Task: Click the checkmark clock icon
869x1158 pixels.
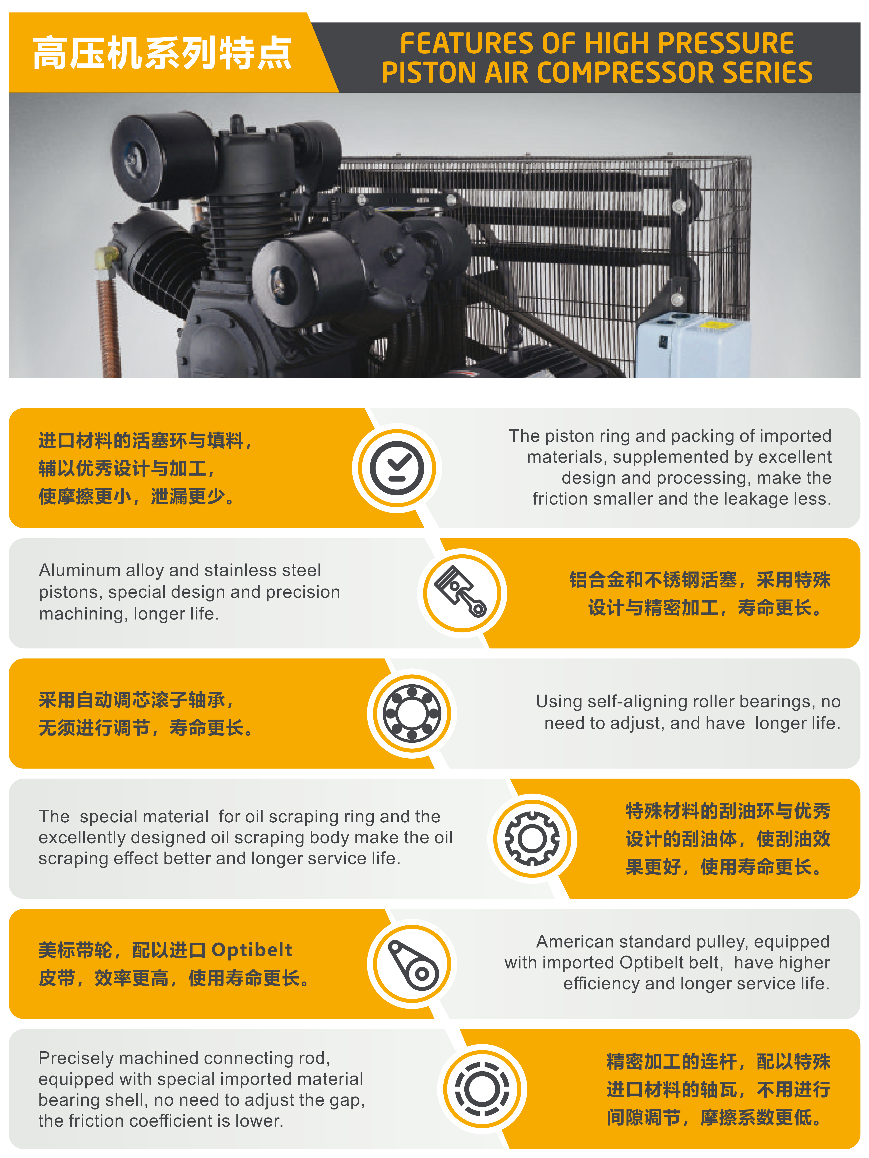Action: tap(397, 467)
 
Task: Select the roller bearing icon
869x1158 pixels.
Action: tap(412, 713)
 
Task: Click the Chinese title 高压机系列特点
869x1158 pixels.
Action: tap(162, 53)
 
